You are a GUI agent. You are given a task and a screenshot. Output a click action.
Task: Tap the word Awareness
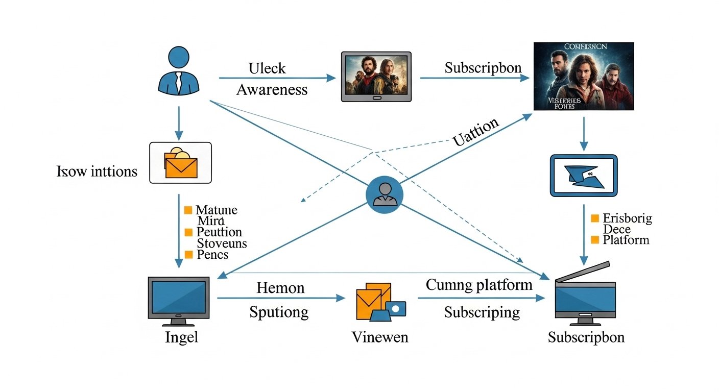pyautogui.click(x=272, y=90)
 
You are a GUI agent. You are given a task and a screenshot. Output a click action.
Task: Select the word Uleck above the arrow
pyautogui.click(x=267, y=68)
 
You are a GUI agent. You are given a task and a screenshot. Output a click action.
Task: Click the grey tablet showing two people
pyautogui.click(x=376, y=76)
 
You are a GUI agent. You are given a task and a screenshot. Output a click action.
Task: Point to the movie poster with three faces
pyautogui.click(x=583, y=76)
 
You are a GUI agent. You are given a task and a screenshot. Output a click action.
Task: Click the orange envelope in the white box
pyautogui.click(x=181, y=164)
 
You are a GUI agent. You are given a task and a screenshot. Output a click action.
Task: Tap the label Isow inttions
pyautogui.click(x=97, y=171)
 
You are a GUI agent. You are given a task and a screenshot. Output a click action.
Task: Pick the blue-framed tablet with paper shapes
pyautogui.click(x=583, y=176)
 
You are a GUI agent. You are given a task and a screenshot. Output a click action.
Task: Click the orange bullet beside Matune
pyautogui.click(x=188, y=210)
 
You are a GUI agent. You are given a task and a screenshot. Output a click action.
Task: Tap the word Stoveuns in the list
pyautogui.click(x=222, y=243)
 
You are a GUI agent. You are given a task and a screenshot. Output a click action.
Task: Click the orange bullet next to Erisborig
pyautogui.click(x=594, y=218)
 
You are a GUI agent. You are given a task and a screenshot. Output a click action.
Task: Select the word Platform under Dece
pyautogui.click(x=626, y=240)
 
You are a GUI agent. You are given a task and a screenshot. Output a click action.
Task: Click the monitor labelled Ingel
pyautogui.click(x=178, y=301)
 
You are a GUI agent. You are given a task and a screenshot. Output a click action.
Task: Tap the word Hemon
pyautogui.click(x=280, y=288)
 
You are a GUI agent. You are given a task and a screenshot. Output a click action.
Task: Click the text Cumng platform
pyautogui.click(x=479, y=285)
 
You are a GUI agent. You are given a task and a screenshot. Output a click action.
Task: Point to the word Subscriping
pyautogui.click(x=482, y=312)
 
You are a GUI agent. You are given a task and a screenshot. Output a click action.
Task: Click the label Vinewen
pyautogui.click(x=380, y=337)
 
